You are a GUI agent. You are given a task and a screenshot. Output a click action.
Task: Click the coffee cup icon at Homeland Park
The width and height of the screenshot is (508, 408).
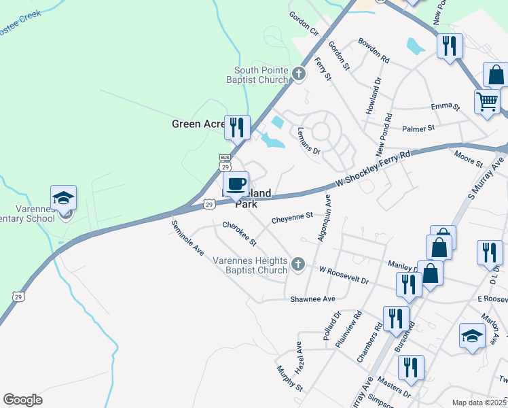pyautogui.click(x=236, y=184)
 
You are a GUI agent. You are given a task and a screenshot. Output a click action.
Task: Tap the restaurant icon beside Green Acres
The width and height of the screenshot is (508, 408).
pyautogui.click(x=236, y=127)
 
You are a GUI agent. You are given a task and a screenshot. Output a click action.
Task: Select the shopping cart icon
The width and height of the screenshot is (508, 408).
pyautogui.click(x=487, y=102)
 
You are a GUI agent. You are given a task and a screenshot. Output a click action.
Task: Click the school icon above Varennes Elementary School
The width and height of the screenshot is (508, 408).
pyautogui.click(x=63, y=198)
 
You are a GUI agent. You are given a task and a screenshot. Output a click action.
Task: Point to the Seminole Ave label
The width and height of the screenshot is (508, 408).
pyautogui.click(x=187, y=238)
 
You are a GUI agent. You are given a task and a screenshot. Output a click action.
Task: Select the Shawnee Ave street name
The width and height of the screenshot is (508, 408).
pyautogui.click(x=313, y=299)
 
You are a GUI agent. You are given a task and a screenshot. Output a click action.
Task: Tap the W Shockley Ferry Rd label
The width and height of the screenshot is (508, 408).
pyautogui.click(x=374, y=169)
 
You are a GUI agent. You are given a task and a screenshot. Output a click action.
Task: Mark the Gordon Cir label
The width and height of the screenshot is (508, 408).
pyautogui.click(x=304, y=24)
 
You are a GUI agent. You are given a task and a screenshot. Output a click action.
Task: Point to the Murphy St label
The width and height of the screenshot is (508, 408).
pyautogui.click(x=289, y=378)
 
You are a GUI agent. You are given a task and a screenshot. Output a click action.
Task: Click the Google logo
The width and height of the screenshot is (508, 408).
pyautogui.click(x=22, y=399)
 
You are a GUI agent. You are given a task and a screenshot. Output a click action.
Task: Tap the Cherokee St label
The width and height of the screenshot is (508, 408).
pyautogui.click(x=239, y=233)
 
